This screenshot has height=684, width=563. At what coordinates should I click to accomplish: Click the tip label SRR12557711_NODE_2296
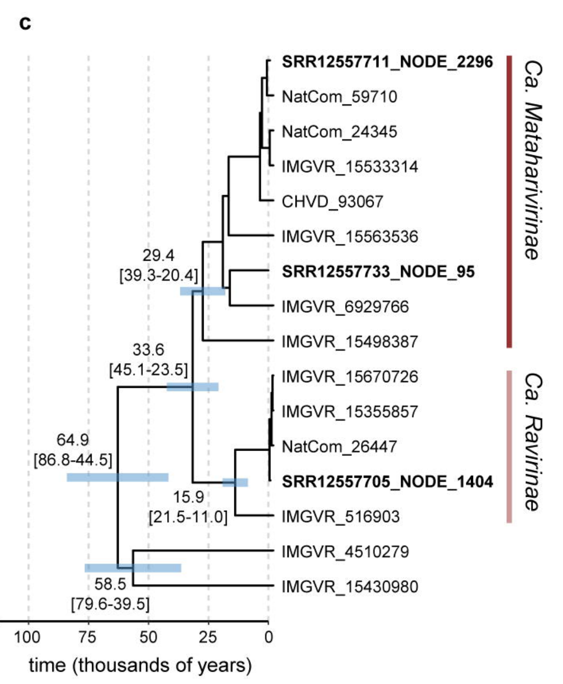coord(387,62)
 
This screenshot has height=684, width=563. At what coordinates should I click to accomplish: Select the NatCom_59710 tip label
coord(339,97)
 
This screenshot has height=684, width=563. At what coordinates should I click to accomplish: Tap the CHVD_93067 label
coord(332,202)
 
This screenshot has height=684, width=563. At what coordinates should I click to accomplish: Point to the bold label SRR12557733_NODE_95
coord(378,272)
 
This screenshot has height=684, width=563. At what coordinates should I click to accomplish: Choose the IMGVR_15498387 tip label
coord(350,341)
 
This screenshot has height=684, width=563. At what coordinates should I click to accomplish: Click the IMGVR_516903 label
coord(340,516)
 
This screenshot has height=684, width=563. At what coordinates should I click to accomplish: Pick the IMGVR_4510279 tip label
coord(345,552)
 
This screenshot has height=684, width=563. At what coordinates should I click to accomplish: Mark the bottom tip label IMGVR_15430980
coord(350,587)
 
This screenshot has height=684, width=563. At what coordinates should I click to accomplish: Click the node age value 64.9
coord(72,440)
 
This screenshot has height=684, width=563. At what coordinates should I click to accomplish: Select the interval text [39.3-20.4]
coord(158,276)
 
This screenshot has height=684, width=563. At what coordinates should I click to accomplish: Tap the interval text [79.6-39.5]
coord(110,604)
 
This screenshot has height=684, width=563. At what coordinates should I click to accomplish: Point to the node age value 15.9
coord(188,497)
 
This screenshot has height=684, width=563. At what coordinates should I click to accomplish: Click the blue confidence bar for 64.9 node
coord(117,477)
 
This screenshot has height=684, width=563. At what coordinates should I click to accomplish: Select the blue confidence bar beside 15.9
coord(235,482)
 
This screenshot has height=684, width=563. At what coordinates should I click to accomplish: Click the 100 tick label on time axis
coord(27,638)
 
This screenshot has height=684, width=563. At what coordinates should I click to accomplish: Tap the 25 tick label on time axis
coord(208,638)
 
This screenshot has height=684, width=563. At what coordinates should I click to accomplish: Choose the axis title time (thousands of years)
coord(140,665)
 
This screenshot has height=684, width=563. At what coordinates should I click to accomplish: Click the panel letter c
coord(25,24)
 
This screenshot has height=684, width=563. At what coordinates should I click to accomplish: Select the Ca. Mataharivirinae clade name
coord(534,159)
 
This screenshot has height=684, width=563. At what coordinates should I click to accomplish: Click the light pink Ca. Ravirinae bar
coord(509,446)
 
